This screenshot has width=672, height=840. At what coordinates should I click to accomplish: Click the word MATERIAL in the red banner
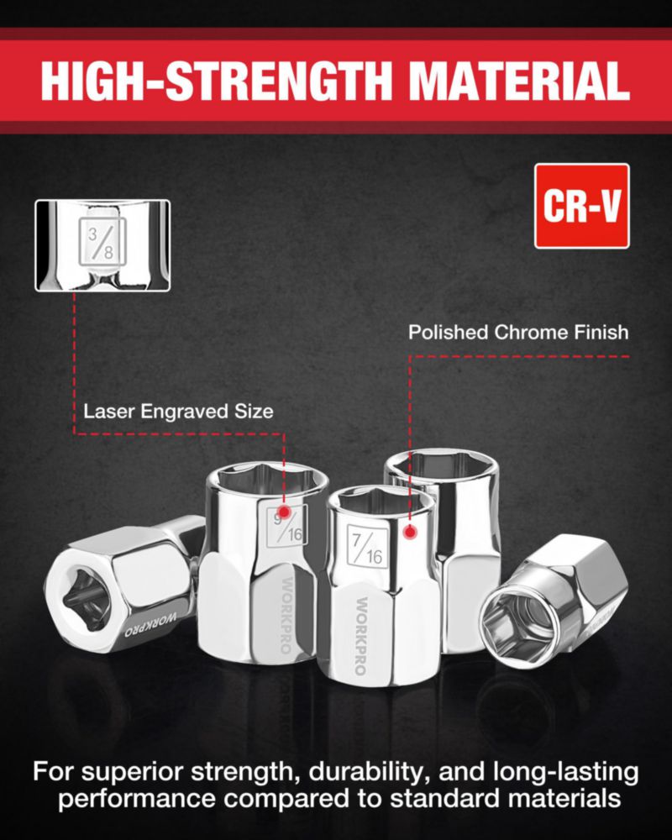(518, 81)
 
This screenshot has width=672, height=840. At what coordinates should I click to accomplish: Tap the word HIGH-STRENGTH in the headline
(216, 81)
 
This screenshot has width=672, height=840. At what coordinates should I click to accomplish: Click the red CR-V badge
(582, 206)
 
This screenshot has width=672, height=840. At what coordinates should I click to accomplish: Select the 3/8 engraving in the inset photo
(102, 242)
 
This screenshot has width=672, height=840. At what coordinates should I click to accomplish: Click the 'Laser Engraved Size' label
(178, 412)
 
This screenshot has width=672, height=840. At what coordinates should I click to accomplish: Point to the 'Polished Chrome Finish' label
(518, 332)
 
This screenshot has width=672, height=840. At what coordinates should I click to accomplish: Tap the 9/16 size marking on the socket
(287, 526)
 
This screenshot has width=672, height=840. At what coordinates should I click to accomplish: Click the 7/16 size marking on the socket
(367, 545)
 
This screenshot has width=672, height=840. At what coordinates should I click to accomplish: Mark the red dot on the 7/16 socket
(410, 532)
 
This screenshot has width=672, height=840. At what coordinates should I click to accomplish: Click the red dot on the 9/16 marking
(284, 512)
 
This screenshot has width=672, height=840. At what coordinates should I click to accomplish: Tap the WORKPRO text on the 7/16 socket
(361, 636)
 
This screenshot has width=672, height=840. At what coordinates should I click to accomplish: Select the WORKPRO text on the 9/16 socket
(286, 616)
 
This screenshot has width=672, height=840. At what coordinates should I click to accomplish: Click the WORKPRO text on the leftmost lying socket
(150, 625)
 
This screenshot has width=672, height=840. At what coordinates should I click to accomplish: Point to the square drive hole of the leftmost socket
(86, 599)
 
